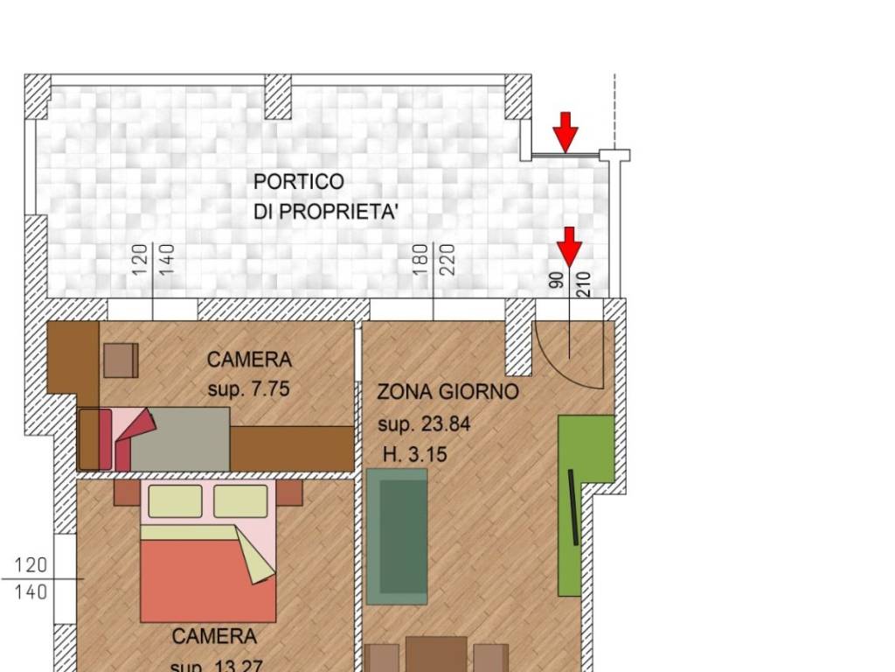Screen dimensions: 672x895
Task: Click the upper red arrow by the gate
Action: (566, 131)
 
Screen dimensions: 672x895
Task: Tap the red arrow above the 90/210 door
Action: (570, 246)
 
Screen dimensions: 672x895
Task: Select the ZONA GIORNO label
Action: (447, 392)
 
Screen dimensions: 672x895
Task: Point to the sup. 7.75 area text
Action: (248, 390)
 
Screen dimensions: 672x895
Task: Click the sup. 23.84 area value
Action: (424, 424)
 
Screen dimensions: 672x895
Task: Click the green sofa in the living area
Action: (397, 536)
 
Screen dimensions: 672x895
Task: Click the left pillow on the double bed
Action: (175, 501)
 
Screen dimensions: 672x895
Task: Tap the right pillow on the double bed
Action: (240, 501)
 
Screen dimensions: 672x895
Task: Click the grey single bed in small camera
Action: (179, 438)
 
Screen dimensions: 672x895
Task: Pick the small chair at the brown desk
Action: (121, 360)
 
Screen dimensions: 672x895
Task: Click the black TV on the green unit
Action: (572, 507)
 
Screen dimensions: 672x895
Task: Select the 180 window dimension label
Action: (420, 260)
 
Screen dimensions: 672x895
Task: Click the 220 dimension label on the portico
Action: (448, 260)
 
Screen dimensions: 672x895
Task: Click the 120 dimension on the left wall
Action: (31, 565)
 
